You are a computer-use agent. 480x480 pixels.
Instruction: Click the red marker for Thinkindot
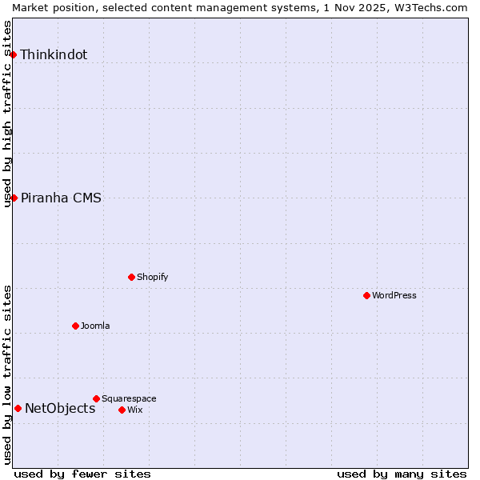coord(14,54)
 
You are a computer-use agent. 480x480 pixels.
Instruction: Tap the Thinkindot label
coord(54,55)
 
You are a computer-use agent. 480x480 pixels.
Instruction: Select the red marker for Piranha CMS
coord(14,198)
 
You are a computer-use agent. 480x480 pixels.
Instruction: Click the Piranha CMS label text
coord(61,198)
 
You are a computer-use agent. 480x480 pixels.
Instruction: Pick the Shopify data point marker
coord(131,277)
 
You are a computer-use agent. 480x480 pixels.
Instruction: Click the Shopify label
coord(152,277)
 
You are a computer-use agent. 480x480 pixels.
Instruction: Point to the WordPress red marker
coord(366,295)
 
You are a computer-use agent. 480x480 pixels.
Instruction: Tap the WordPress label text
coord(394,295)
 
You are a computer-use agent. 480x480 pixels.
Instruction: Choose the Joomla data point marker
coord(75,326)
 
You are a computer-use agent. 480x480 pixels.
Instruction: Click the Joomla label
coord(95,326)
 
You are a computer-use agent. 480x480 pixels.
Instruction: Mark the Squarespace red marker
coord(96,398)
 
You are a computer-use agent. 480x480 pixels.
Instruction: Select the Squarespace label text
coord(129,398)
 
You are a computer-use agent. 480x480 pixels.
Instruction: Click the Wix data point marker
coord(122,410)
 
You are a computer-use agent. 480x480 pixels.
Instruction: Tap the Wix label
coord(134,410)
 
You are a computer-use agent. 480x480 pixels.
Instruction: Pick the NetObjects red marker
coord(18,408)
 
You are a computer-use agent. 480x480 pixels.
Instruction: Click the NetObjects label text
coord(60,409)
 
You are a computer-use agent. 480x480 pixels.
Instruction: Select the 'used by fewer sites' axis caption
coord(82,474)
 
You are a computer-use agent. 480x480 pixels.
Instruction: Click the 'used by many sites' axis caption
coord(402,474)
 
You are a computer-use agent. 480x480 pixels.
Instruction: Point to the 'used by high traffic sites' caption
coord(7,114)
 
